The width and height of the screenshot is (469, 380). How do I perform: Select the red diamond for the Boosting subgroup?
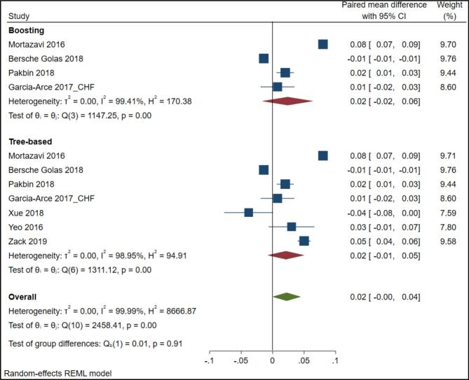tap(287, 101)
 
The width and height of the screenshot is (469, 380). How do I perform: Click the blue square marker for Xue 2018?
tap(248, 212)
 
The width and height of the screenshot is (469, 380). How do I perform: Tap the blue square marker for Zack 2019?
tap(304, 241)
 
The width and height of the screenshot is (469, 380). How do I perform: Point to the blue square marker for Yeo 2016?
tap(292, 227)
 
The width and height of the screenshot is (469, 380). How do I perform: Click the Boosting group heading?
tap(27, 30)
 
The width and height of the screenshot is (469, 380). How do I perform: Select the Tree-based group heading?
tap(32, 141)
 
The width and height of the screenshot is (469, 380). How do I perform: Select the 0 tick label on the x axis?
tap(272, 360)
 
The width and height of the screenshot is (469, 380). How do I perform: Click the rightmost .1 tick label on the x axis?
tap(334, 360)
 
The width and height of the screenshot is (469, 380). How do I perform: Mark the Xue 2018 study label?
tap(27, 213)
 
